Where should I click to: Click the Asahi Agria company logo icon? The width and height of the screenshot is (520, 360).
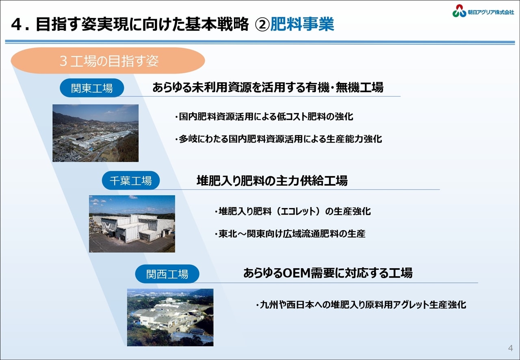459,11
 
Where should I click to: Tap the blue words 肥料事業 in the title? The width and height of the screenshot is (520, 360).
302,24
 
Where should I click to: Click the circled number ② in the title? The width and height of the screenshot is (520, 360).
262,24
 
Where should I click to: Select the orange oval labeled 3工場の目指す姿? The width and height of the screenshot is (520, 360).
108,61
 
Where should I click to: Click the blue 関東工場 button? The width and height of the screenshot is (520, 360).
92,88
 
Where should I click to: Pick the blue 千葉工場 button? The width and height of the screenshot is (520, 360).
131,180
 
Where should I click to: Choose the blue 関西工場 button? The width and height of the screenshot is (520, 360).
167,274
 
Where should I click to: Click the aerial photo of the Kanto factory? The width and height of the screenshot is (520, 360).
95,133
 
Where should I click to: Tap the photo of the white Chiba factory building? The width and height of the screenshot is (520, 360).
132,223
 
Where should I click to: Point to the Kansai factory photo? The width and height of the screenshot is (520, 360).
170,317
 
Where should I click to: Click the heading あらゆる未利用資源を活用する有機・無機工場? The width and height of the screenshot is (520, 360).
268,87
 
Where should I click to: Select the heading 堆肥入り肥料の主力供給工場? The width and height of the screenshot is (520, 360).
272,181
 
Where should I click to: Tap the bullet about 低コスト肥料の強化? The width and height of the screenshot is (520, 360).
264,117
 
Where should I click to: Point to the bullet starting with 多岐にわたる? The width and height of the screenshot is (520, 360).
278,139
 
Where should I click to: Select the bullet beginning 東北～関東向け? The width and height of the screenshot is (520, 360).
290,234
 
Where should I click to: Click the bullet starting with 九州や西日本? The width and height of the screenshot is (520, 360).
361,304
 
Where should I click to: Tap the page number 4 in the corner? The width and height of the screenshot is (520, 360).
511,348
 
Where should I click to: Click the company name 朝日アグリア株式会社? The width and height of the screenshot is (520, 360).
491,12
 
